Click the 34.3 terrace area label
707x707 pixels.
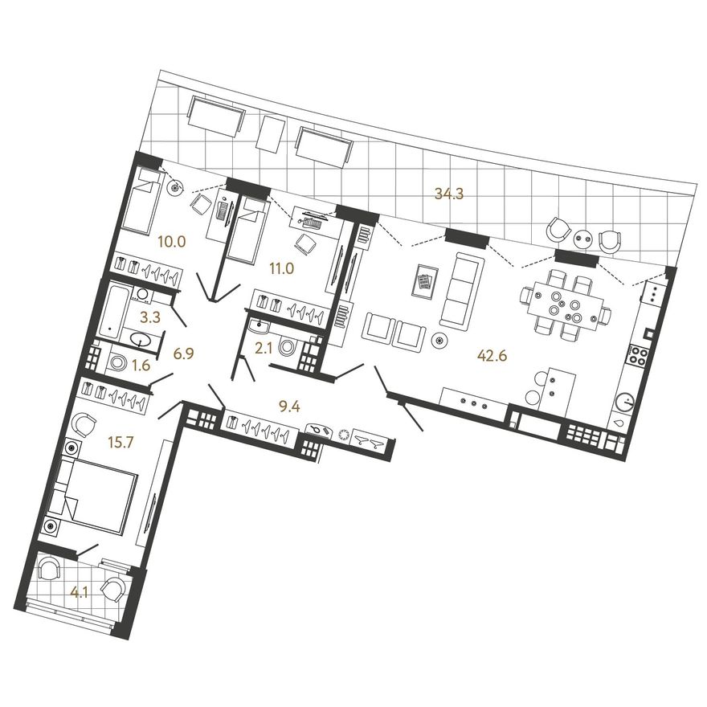[448, 194]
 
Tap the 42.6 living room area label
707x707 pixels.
[492, 355]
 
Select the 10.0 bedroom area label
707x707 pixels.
[172, 242]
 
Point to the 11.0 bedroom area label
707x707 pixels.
[281, 269]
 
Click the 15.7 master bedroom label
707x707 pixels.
[121, 443]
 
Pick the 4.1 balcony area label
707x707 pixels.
[79, 593]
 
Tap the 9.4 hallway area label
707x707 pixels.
[289, 407]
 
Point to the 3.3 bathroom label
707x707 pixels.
[150, 317]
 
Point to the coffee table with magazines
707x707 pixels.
[425, 281]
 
